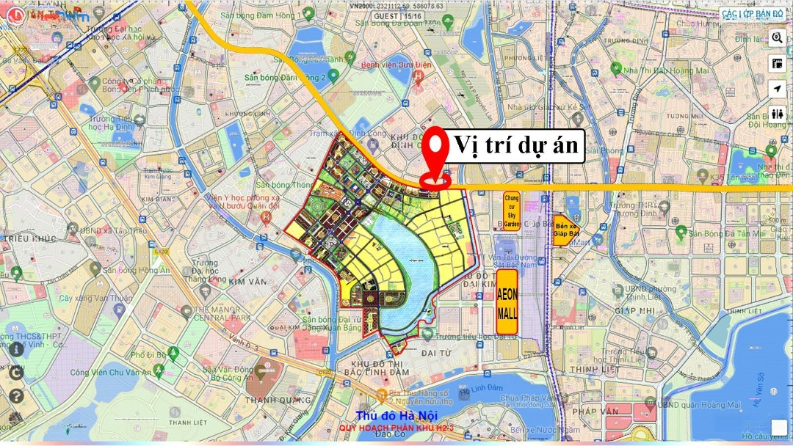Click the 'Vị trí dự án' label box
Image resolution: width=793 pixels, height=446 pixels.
[x=517, y=146]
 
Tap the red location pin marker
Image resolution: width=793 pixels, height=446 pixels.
[x=437, y=156]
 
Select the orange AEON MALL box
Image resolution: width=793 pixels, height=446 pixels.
[x=507, y=302]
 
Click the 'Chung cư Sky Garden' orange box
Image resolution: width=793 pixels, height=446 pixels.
[x=512, y=211]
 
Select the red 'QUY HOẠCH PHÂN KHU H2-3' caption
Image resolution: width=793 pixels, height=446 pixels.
[x=387, y=428]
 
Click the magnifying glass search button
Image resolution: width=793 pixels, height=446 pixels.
[x=777, y=37]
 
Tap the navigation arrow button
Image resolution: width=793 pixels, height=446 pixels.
[x=777, y=88]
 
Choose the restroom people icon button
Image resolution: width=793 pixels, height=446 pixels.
[x=777, y=114]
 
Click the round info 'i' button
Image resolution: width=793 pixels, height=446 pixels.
[x=16, y=349]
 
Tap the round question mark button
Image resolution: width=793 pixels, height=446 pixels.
[x=16, y=396]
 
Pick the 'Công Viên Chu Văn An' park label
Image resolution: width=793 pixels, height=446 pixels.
[x=111, y=372]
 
